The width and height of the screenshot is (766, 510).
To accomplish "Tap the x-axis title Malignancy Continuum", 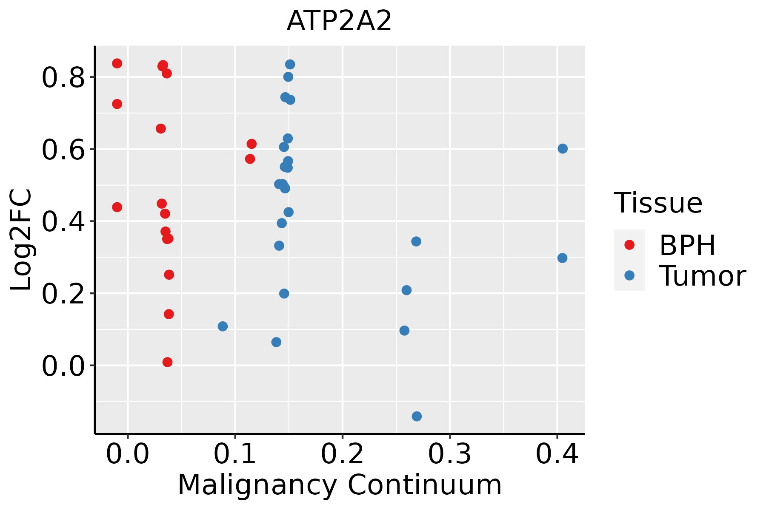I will tap(340, 485).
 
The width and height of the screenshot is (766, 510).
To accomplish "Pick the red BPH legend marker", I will tap(629, 245).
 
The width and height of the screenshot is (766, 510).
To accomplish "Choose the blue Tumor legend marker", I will tap(629, 275).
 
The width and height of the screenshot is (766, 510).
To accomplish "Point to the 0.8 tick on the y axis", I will tap(63, 77).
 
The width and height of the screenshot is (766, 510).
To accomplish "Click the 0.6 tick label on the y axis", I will tap(63, 150).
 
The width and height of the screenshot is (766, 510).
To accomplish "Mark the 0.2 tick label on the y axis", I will tap(63, 294).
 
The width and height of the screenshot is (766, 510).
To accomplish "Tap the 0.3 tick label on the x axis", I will tap(449, 454).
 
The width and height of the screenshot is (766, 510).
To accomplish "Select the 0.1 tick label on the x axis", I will tap(235, 454).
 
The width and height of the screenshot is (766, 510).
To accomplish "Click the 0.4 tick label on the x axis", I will tap(557, 454).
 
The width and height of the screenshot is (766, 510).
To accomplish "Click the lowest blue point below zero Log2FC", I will tap(417, 416).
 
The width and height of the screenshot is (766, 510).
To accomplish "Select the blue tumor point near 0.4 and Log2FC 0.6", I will tap(563, 148).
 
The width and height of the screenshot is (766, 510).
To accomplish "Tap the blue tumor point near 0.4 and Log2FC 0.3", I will tap(562, 258).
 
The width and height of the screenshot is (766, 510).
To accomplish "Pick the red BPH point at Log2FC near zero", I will tap(167, 362).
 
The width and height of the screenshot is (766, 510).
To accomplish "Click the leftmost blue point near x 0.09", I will tap(223, 326).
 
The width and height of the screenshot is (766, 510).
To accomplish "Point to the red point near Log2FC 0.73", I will tap(117, 104).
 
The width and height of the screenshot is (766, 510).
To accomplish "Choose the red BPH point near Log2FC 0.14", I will tap(169, 314).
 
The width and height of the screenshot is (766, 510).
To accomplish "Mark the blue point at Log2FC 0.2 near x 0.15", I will tap(284, 294).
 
